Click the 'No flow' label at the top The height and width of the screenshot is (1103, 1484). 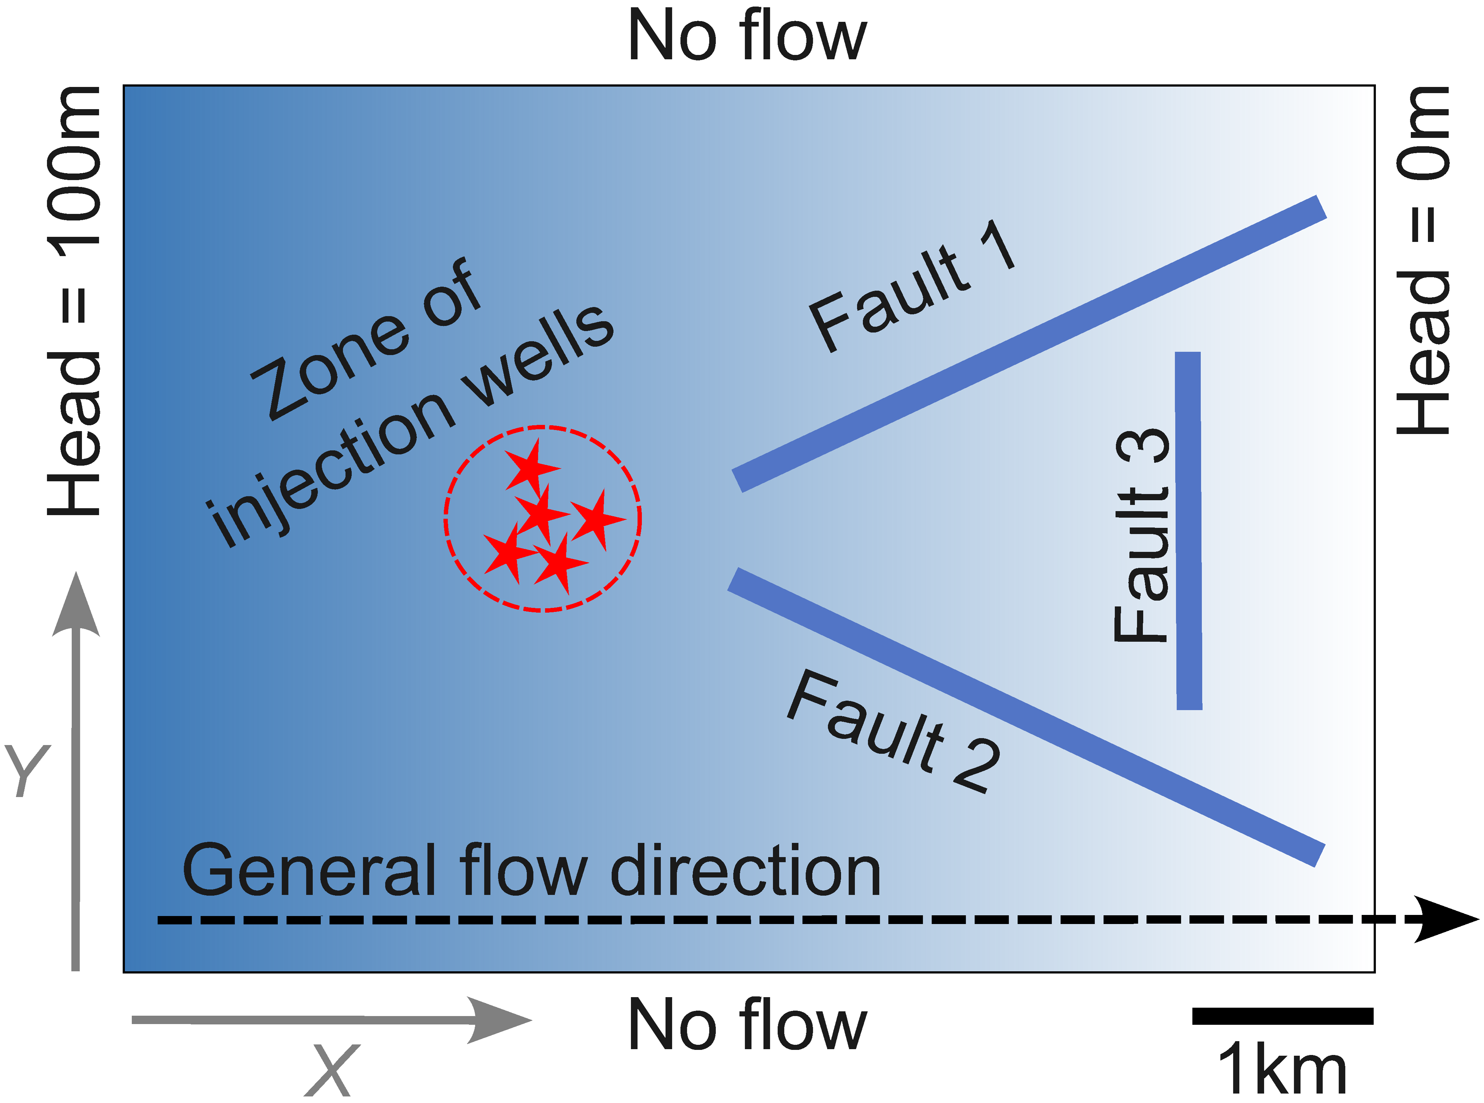click(747, 37)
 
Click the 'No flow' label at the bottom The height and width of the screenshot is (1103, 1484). click(747, 1025)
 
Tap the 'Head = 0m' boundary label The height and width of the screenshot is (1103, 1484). click(1422, 260)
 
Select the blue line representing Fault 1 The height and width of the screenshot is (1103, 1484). click(1029, 344)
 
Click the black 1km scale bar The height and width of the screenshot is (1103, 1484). click(1282, 1016)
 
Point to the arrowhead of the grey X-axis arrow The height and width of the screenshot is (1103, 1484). click(501, 1020)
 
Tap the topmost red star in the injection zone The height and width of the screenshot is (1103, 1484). click(532, 467)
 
